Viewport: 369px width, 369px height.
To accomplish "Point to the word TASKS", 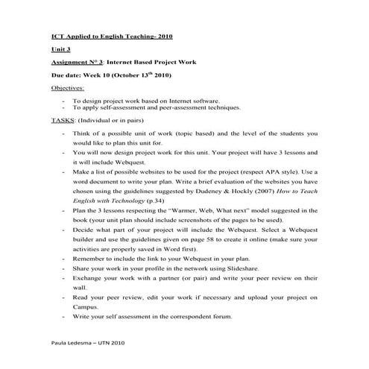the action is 63,120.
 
